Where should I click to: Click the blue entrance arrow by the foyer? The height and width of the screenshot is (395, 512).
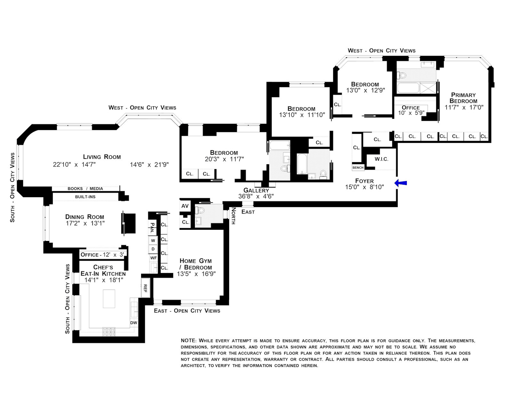(401, 183)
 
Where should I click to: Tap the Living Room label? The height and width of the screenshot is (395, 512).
(102, 157)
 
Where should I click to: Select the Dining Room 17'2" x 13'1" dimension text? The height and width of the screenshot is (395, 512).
(85, 223)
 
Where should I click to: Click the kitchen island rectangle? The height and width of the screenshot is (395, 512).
(109, 299)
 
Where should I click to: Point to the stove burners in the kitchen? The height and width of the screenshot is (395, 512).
(108, 332)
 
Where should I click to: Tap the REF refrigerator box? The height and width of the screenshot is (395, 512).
(145, 288)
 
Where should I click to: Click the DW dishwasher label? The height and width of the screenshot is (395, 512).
(134, 323)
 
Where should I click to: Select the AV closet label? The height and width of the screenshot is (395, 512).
(185, 206)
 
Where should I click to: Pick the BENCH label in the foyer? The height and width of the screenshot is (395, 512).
(358, 168)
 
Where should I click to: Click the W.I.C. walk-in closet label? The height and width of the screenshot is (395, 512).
(381, 159)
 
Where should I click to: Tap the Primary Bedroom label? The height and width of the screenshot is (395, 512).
(463, 98)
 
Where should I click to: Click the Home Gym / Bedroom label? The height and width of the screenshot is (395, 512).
(196, 264)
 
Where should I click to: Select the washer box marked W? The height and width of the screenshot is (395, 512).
(153, 240)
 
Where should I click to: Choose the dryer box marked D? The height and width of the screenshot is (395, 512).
(153, 249)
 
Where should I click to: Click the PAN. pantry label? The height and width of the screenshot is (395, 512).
(152, 227)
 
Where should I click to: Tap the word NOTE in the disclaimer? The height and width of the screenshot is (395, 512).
(188, 340)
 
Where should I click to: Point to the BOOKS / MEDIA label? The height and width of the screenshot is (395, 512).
(85, 188)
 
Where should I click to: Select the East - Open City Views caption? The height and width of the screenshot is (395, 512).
(187, 310)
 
